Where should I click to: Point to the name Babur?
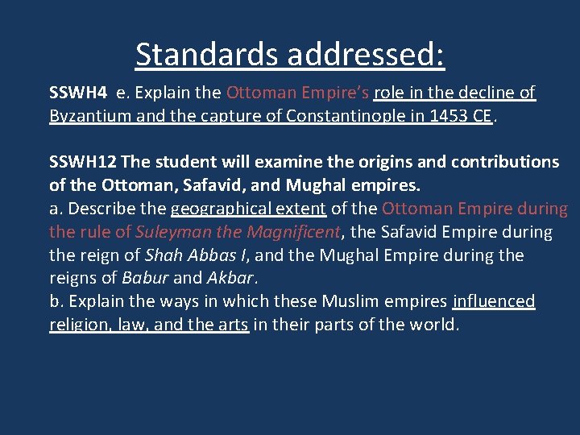[145, 279]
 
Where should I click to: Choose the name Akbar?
[230, 279]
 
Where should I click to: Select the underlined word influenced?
[494, 302]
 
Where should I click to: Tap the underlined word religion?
[80, 325]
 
